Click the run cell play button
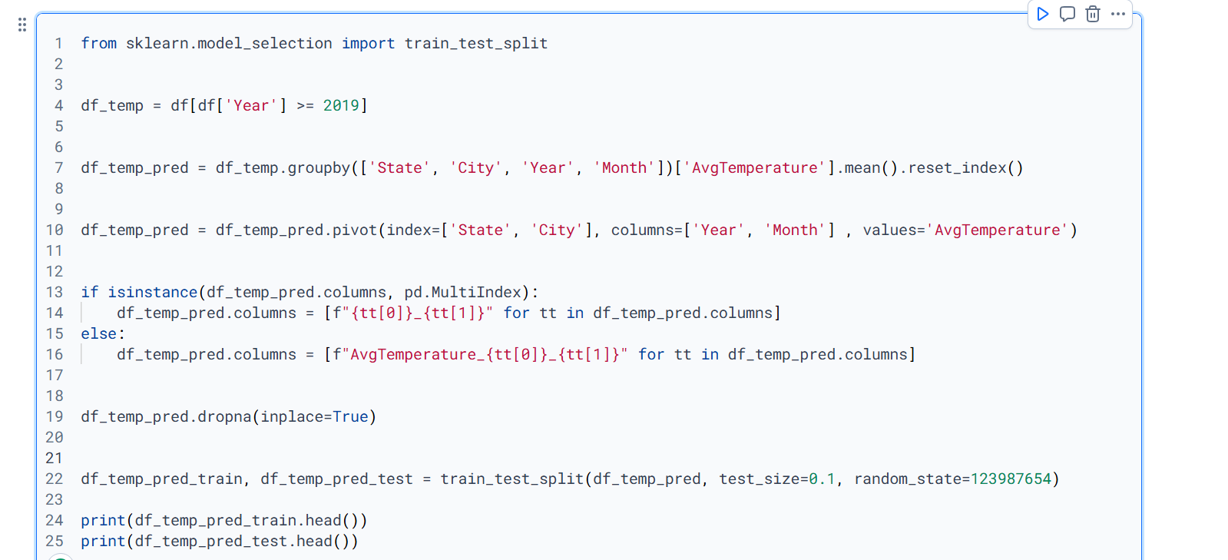(1042, 14)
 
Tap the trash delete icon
(1093, 14)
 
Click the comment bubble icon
(1067, 14)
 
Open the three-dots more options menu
(1118, 14)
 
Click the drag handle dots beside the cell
(22, 25)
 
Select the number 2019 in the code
(341, 105)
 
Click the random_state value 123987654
(1011, 479)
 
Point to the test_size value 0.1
(822, 479)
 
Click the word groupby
(319, 167)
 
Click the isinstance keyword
(152, 292)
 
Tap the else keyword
(99, 333)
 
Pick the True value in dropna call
(350, 416)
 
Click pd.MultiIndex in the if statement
(462, 292)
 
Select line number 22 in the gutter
(55, 479)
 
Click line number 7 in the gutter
(58, 167)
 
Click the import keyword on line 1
(368, 43)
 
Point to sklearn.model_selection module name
(229, 43)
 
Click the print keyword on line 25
(103, 541)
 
